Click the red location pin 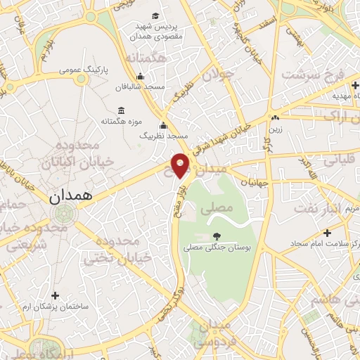(181, 165)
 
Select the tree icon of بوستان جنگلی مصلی (214, 237)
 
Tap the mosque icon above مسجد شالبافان (141, 77)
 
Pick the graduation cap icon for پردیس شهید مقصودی (154, 15)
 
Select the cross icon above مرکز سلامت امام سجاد (327, 233)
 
